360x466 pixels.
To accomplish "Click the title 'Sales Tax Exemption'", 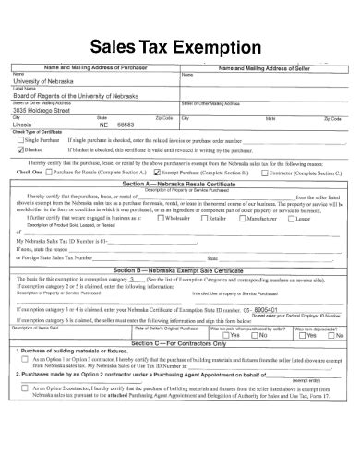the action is tap(179, 47).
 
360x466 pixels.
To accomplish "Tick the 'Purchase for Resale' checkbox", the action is tap(53, 172).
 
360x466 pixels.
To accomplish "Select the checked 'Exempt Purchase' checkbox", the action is tap(157, 172).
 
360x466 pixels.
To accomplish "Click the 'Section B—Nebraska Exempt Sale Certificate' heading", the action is tap(179, 269).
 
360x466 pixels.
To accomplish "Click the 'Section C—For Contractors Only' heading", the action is tap(179, 343).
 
